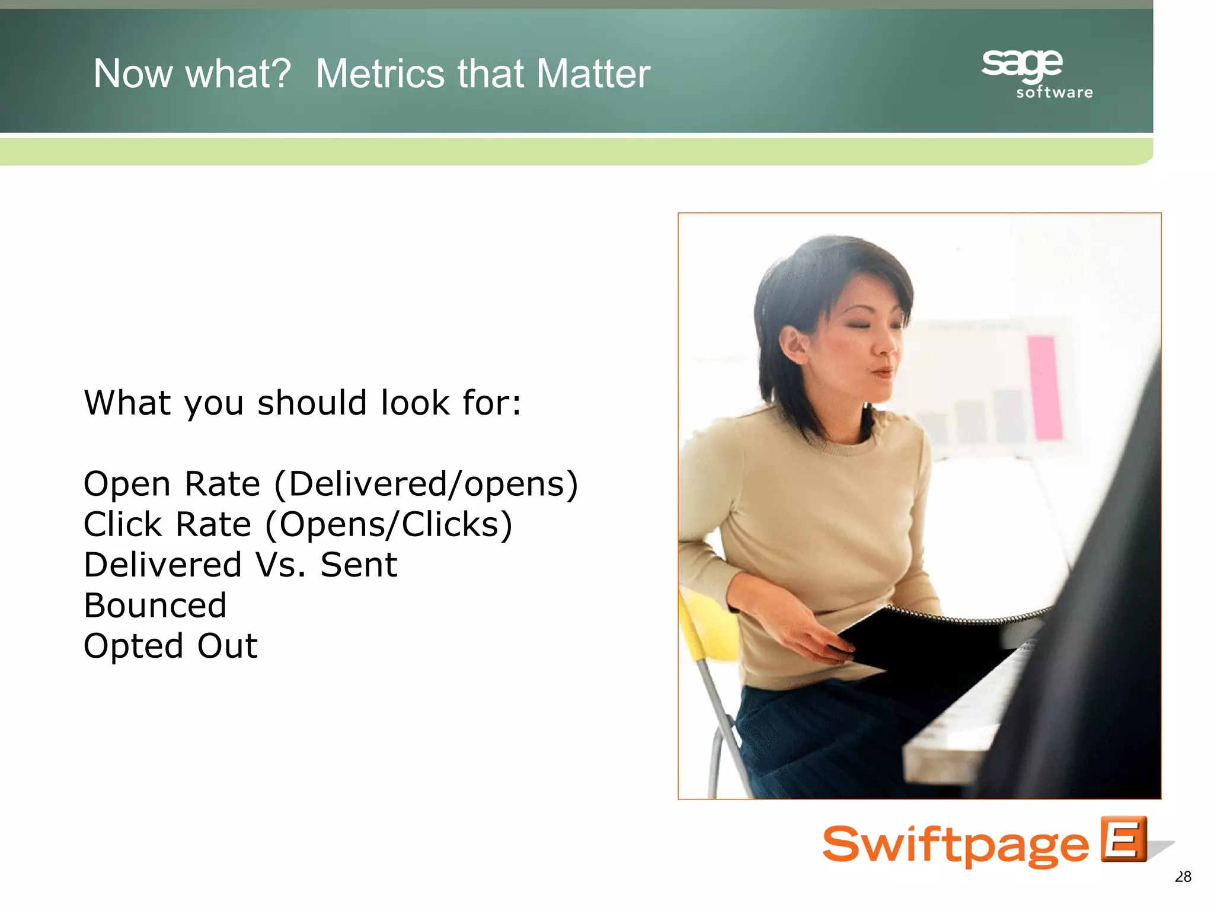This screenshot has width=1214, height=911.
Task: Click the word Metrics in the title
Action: coord(380,74)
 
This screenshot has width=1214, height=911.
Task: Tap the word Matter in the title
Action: coord(593,74)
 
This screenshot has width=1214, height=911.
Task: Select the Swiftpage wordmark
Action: coord(954,845)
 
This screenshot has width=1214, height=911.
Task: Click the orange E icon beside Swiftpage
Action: coord(1123,839)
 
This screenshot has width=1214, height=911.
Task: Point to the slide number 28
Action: coord(1183,877)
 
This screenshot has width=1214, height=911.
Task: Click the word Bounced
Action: coord(155,606)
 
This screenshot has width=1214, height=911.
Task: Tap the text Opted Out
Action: coord(171,646)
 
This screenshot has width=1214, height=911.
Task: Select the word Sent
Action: coord(359,565)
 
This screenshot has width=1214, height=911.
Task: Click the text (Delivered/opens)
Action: coord(426,484)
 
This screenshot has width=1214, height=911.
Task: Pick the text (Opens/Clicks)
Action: coord(388,525)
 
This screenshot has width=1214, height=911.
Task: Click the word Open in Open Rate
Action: coord(127,485)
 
